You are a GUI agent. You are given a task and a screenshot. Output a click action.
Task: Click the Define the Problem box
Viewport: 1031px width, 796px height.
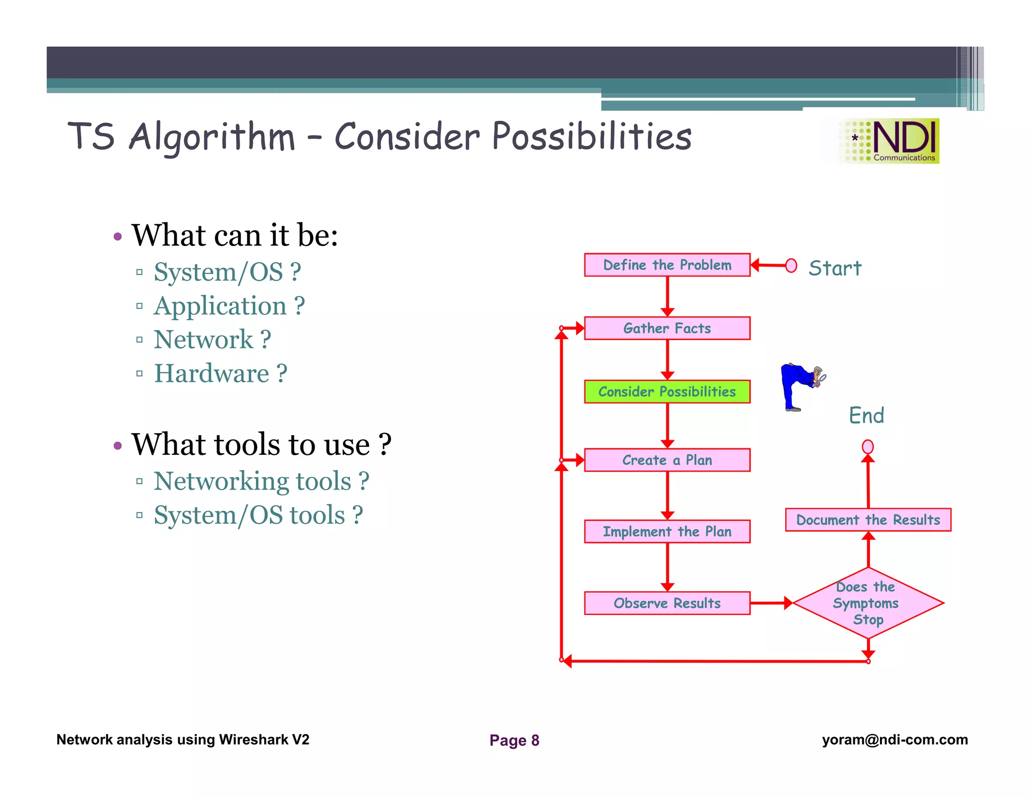coord(667,265)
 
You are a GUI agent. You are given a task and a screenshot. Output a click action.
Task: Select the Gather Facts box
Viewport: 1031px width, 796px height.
coord(667,329)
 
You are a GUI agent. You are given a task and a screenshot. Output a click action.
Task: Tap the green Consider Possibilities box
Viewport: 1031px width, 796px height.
coord(667,392)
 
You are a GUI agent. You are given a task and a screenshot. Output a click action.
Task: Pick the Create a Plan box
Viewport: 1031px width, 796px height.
coord(667,460)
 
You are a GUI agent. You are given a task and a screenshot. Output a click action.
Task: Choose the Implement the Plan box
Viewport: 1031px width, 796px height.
coord(667,532)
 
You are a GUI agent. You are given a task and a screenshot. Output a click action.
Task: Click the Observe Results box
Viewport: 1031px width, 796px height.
coord(667,603)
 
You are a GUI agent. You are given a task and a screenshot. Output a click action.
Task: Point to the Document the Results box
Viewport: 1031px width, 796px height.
coord(868,520)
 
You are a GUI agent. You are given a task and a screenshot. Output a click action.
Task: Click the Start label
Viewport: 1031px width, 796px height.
coord(835,268)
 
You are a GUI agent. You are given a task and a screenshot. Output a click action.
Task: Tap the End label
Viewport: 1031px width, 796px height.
coord(866,416)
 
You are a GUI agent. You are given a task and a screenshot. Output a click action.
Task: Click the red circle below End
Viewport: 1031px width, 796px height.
coord(867,446)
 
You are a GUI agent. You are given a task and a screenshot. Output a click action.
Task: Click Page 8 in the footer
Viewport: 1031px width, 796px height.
coord(514,740)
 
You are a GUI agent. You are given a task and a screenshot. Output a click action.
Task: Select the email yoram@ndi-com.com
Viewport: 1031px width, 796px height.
coord(895,740)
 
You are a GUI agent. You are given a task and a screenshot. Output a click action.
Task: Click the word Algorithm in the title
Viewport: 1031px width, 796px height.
coord(211,137)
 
